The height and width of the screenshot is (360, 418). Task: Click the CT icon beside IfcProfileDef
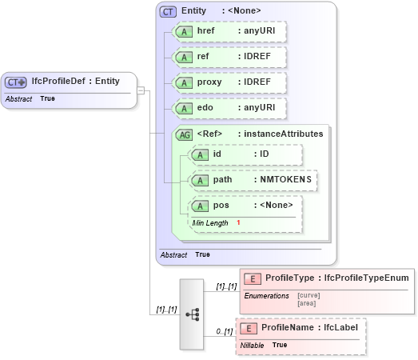pyautogui.click(x=16, y=82)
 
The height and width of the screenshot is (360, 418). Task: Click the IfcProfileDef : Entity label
pyautogui.click(x=75, y=82)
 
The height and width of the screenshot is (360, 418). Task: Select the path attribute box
pyautogui.click(x=253, y=180)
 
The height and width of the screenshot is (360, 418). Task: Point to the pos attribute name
pyautogui.click(x=221, y=206)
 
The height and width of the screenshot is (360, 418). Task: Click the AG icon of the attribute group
pyautogui.click(x=185, y=134)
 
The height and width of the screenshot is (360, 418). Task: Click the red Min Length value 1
pyautogui.click(x=238, y=222)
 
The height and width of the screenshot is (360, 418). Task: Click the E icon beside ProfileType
pyautogui.click(x=252, y=278)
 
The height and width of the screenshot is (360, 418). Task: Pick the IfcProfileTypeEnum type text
pyautogui.click(x=367, y=278)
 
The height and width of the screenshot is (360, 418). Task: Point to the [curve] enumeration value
pyautogui.click(x=309, y=296)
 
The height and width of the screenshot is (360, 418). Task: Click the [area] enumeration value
pyautogui.click(x=307, y=303)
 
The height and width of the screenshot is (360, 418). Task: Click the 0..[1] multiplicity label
pyautogui.click(x=224, y=331)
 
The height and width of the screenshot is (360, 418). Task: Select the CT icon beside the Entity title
pyautogui.click(x=169, y=11)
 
